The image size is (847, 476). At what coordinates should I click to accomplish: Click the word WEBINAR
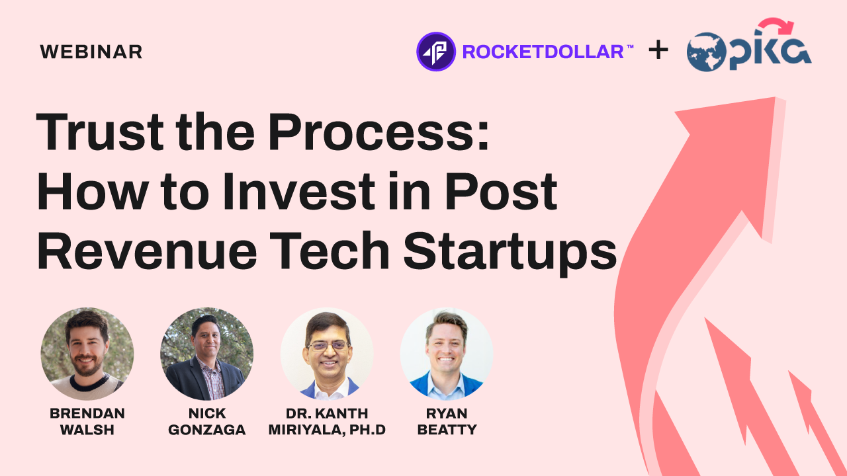click(91, 52)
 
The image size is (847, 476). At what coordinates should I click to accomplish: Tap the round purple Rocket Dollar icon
click(435, 52)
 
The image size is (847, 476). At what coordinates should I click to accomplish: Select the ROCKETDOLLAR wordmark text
click(543, 52)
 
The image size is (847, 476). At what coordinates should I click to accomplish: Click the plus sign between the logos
click(658, 50)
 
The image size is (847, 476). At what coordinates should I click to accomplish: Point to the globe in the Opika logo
click(706, 52)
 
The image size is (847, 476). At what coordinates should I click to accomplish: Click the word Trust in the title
click(100, 132)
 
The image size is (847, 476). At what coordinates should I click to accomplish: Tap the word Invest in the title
click(299, 191)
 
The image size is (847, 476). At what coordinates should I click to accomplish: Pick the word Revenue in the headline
click(148, 251)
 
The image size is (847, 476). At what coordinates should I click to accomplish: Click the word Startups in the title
click(510, 253)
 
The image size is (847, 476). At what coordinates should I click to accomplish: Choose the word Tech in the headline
click(330, 251)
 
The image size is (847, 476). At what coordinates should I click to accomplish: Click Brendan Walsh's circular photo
click(87, 354)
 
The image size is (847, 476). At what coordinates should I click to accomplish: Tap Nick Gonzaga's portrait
click(207, 354)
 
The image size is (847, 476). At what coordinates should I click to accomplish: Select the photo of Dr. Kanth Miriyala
click(327, 354)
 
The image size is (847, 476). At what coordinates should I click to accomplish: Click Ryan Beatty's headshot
click(447, 354)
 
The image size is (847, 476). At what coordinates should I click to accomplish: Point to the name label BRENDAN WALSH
click(87, 422)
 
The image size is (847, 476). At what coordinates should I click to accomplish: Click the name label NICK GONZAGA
click(207, 422)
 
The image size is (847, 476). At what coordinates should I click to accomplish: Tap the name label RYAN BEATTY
click(447, 422)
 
